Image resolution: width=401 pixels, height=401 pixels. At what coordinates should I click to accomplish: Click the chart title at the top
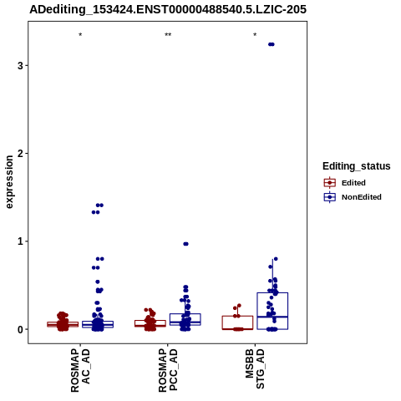(x=168, y=9)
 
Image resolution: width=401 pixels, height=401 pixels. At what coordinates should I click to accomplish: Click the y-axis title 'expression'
(x=9, y=182)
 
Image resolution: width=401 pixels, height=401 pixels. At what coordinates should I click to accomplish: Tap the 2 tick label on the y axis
(x=20, y=153)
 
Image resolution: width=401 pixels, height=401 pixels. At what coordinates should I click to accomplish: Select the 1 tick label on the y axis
(x=20, y=241)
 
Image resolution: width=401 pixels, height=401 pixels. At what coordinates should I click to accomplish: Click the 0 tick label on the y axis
(x=20, y=329)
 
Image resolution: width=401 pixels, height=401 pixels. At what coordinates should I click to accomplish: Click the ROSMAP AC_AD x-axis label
(x=80, y=370)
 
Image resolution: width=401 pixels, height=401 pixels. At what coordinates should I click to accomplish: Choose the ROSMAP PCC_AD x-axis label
(x=168, y=370)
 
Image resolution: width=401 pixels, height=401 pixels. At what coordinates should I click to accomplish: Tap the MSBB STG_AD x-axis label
(x=255, y=369)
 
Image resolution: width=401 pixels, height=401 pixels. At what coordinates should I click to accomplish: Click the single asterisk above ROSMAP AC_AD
(x=80, y=35)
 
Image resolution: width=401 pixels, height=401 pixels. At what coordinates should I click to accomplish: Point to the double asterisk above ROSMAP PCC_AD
(x=168, y=35)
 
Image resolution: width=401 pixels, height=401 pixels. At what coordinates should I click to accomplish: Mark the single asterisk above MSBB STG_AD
(x=255, y=35)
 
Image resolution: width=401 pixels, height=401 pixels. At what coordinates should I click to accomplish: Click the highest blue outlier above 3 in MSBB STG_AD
(x=272, y=44)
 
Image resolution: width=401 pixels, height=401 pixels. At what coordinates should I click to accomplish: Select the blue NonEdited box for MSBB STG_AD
(x=272, y=311)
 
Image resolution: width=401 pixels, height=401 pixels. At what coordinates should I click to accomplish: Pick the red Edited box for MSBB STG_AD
(x=237, y=322)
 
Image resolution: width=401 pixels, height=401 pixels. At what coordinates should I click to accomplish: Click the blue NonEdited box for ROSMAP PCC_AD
(x=185, y=319)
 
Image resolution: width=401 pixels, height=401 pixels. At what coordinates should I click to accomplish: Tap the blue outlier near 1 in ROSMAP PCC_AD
(x=185, y=244)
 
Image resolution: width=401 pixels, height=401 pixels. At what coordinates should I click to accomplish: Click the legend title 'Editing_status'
(x=357, y=166)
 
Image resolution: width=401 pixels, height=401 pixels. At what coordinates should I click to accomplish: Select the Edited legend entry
(x=345, y=183)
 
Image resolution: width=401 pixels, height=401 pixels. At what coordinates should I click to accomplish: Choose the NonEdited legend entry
(x=353, y=197)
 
